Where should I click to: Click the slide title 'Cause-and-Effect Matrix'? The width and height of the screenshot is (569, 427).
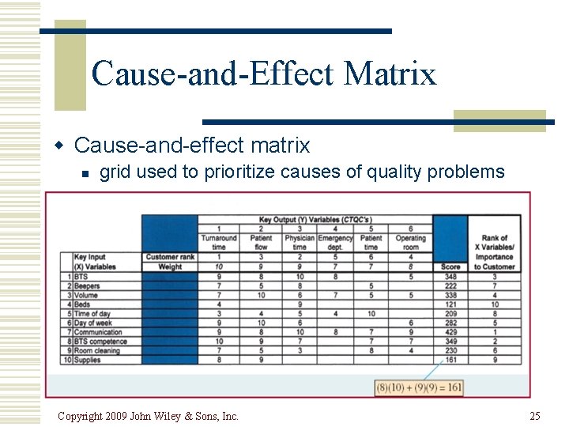click(x=263, y=74)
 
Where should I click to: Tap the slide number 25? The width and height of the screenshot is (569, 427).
click(x=535, y=416)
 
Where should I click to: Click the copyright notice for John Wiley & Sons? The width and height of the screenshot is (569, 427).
click(x=148, y=416)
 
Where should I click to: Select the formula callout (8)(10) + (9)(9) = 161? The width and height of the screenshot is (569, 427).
click(x=419, y=387)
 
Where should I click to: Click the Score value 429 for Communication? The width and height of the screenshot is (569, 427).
click(x=450, y=332)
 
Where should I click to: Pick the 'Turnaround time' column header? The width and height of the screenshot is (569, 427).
click(x=218, y=242)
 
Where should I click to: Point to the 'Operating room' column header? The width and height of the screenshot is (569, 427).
click(x=411, y=242)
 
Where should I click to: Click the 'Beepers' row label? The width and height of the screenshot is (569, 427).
click(x=87, y=285)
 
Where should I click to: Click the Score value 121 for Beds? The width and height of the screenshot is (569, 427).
click(x=450, y=304)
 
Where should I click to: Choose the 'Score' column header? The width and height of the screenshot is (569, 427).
click(x=450, y=267)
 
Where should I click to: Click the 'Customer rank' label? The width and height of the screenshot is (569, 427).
click(x=169, y=257)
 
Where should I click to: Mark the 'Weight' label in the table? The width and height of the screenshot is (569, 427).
click(x=169, y=267)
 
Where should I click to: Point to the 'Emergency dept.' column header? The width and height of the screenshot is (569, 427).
click(x=335, y=242)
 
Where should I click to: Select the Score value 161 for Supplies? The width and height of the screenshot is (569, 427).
click(x=450, y=360)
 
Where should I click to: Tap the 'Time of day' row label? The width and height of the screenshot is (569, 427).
click(x=92, y=313)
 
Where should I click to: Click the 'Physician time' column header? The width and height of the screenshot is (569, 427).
click(x=300, y=242)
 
